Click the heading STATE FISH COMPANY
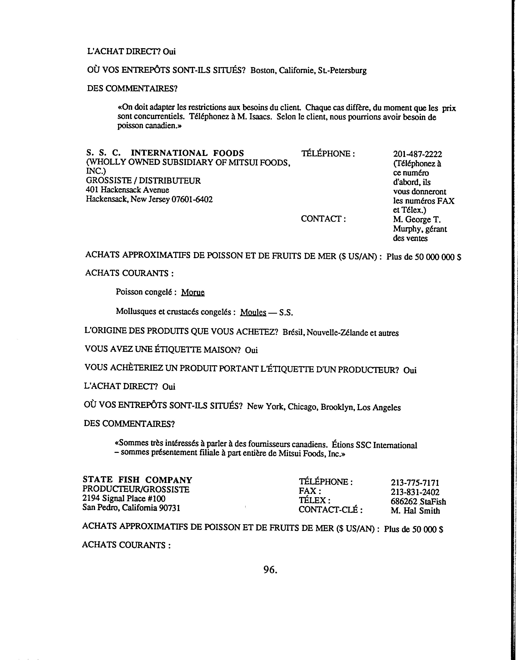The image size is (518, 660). [137, 480]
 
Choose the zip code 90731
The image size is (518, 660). [170, 508]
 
